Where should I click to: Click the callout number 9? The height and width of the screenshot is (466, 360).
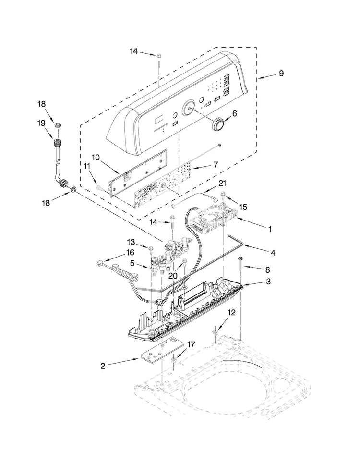tap(281, 73)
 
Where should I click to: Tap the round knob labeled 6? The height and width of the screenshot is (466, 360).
tap(219, 123)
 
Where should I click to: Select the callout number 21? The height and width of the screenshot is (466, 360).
tap(222, 184)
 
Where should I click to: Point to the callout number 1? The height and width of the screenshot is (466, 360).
tap(270, 229)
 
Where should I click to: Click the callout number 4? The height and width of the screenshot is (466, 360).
tap(273, 253)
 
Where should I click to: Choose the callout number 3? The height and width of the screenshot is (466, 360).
tap(268, 281)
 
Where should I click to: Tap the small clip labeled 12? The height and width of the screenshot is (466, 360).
tap(214, 331)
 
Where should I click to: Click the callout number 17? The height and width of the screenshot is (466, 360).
tap(191, 344)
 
